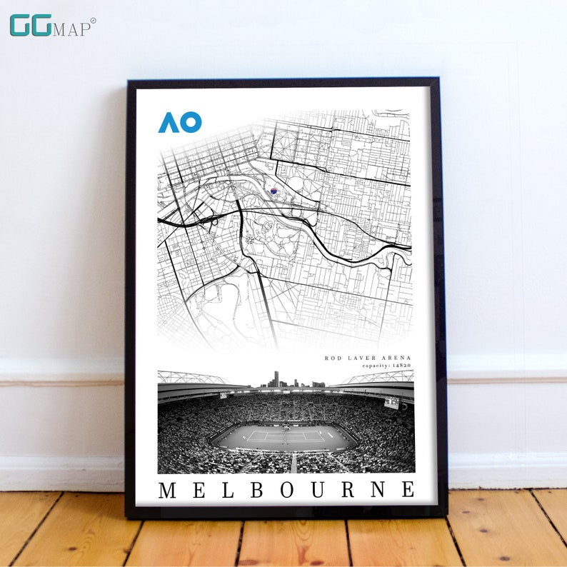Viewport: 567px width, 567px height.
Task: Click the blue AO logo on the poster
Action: pyautogui.click(x=180, y=122)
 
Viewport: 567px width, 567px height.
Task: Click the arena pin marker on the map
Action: pyautogui.click(x=273, y=190)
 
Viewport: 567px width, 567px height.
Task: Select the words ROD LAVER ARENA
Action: pyautogui.click(x=368, y=358)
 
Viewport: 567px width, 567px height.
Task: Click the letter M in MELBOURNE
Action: pyautogui.click(x=166, y=490)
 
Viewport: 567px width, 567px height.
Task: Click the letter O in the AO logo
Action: pyautogui.click(x=191, y=122)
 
